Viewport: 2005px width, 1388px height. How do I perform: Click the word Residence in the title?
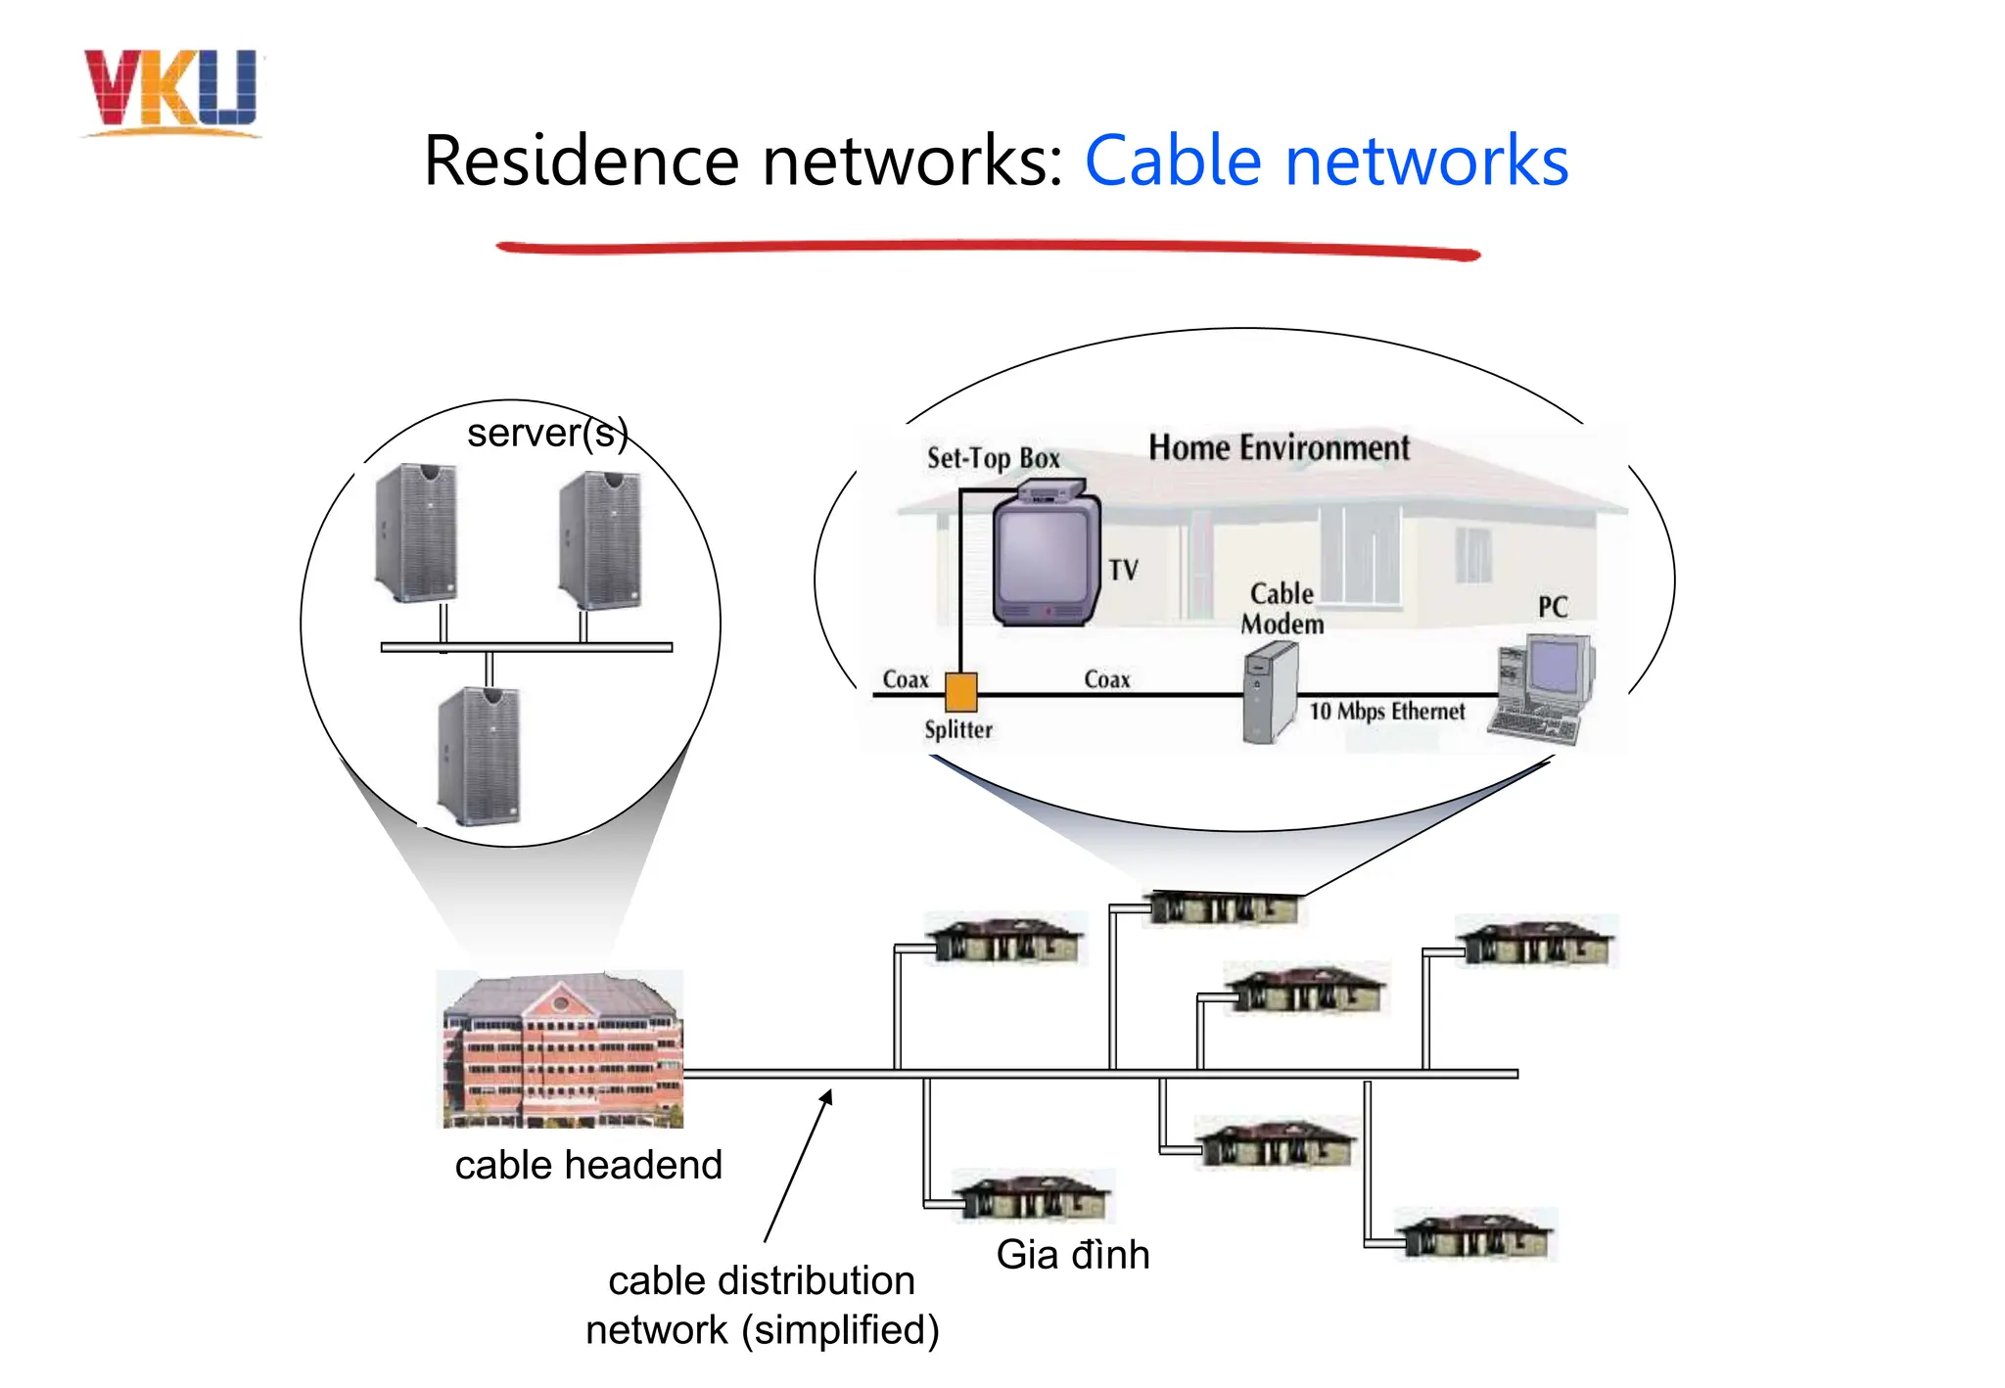tap(581, 161)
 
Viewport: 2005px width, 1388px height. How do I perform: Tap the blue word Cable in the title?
tap(1172, 161)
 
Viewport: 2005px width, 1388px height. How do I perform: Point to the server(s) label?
tap(547, 433)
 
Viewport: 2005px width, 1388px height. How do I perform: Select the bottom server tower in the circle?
tap(479, 756)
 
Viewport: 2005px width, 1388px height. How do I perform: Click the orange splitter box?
tap(960, 692)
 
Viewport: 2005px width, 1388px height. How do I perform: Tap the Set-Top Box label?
tap(993, 458)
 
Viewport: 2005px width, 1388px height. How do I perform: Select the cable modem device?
tap(1269, 693)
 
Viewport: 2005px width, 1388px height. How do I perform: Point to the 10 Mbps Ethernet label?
tap(1386, 712)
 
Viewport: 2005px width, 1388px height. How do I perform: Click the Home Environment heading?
tap(1278, 448)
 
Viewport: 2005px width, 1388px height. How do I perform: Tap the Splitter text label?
tap(957, 730)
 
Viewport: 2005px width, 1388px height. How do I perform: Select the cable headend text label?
tap(587, 1165)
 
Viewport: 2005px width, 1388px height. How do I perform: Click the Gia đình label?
tap(1072, 1254)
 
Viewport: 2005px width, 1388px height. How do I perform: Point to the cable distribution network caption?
tap(762, 1305)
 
